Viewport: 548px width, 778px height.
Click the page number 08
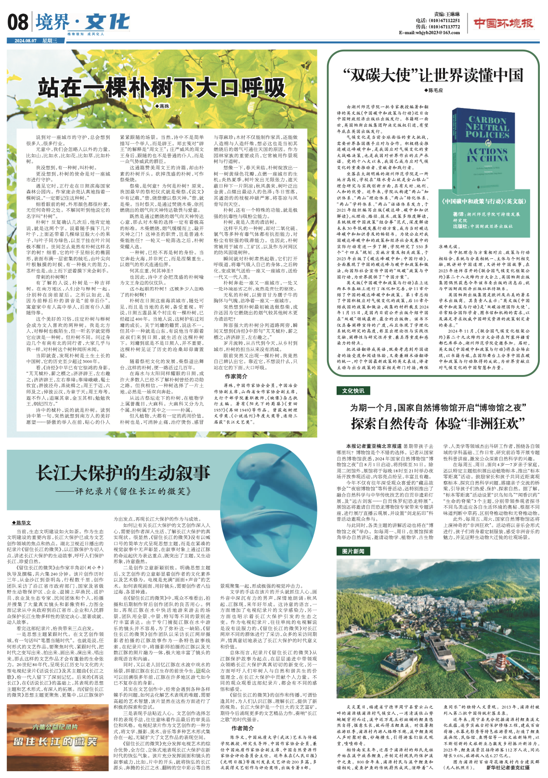(x=18, y=22)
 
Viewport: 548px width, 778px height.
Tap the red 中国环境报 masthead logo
(x=503, y=23)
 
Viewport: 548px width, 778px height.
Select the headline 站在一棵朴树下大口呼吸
(x=162, y=88)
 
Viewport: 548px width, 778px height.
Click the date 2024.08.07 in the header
(x=26, y=41)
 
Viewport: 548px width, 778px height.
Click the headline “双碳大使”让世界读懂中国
(x=432, y=75)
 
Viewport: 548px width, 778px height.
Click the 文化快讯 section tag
(x=353, y=391)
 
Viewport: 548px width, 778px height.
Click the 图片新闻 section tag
(x=353, y=551)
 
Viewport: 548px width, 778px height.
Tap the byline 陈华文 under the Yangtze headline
(x=22, y=523)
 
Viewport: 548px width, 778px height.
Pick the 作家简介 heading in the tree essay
(x=236, y=376)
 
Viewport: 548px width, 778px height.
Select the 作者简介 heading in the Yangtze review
(x=243, y=728)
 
